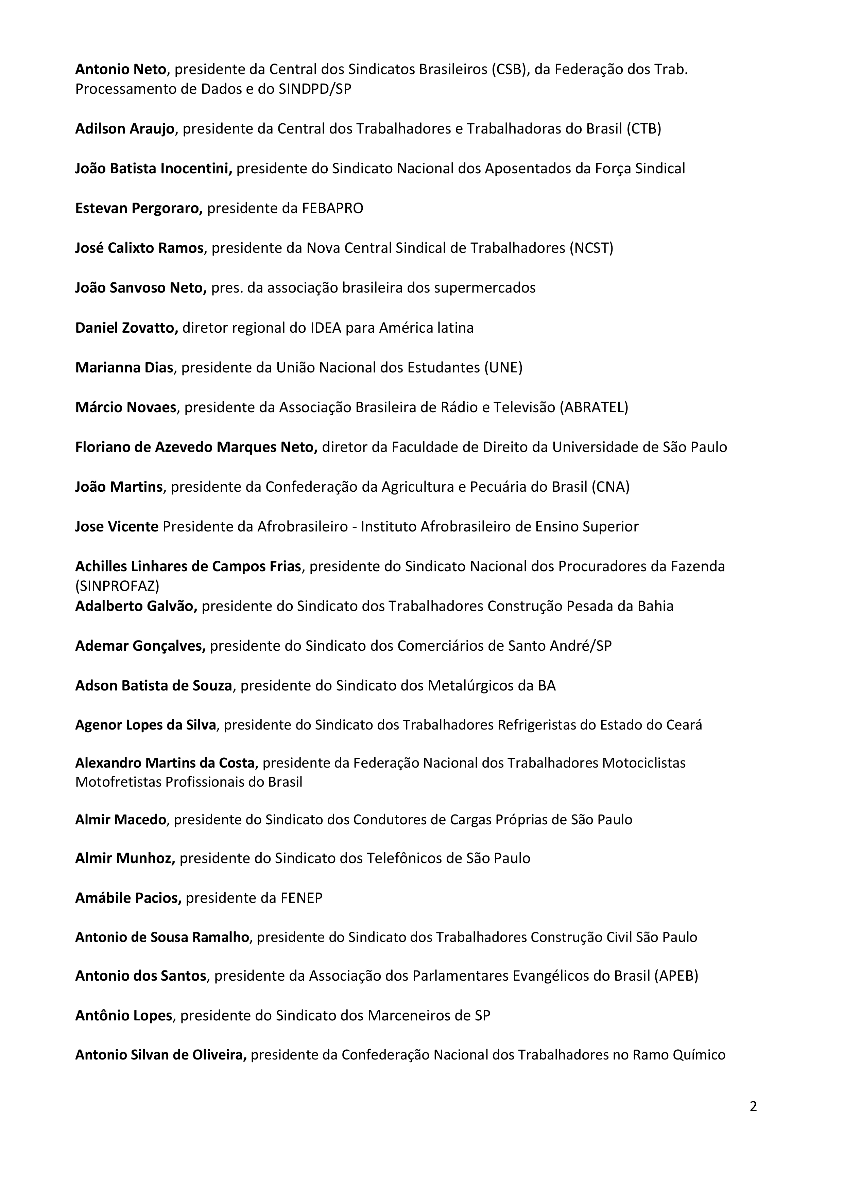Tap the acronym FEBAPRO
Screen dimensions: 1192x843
pyautogui.click(x=332, y=208)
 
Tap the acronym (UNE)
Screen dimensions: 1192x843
pyautogui.click(x=503, y=368)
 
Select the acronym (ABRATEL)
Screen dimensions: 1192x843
pyautogui.click(x=594, y=407)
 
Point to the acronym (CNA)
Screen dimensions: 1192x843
pyautogui.click(x=610, y=487)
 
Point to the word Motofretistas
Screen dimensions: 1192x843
pyautogui.click(x=118, y=782)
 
